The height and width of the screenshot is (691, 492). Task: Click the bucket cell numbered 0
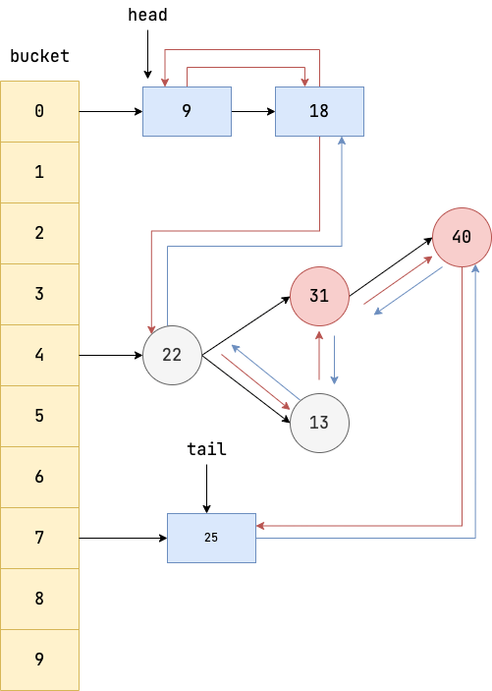click(39, 111)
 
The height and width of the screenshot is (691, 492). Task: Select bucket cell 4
click(39, 355)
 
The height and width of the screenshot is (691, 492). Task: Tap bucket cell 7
click(39, 538)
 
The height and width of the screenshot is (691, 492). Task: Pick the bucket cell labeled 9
click(39, 660)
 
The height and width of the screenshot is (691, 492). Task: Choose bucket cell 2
click(39, 233)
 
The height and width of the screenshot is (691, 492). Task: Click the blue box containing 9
click(187, 111)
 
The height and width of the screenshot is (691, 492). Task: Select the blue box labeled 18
click(319, 111)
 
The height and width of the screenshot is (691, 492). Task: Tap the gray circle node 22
click(172, 355)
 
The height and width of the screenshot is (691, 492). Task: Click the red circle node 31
click(319, 296)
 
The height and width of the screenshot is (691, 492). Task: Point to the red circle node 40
click(462, 237)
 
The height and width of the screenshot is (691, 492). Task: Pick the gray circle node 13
click(319, 424)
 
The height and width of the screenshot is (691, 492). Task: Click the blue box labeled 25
click(211, 538)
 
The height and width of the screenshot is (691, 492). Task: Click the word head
click(147, 16)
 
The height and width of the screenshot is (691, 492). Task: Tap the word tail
click(206, 449)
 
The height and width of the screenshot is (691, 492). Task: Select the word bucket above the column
click(39, 56)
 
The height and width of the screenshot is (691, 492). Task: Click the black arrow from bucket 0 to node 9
click(110, 111)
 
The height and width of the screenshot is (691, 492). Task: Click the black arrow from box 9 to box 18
click(253, 111)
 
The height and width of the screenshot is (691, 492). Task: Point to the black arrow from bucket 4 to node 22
click(110, 355)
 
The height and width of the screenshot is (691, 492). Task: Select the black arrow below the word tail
click(206, 488)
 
